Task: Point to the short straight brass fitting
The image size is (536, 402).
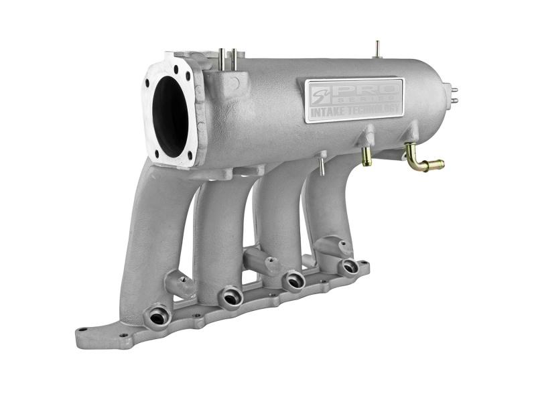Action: tap(366, 156)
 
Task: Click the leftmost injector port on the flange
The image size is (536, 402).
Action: tap(159, 314)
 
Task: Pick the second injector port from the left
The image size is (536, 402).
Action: tap(230, 295)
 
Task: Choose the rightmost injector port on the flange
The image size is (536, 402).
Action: tap(350, 267)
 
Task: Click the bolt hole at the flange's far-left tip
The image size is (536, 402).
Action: tap(82, 330)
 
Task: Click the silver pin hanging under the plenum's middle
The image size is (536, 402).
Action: tap(322, 165)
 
